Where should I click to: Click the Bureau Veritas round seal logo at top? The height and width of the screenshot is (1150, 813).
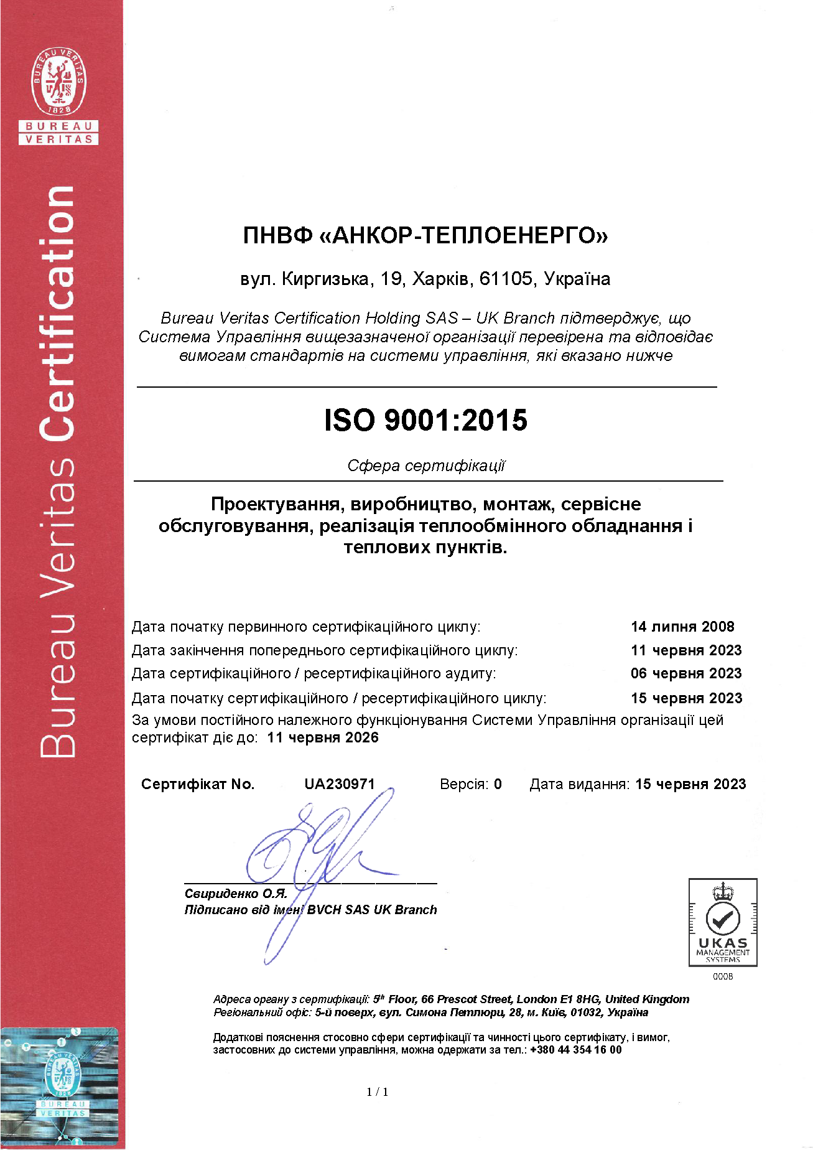[x=59, y=81]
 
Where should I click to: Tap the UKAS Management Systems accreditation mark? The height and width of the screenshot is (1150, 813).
[x=722, y=922]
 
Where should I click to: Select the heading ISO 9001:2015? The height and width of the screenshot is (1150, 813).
[x=425, y=420]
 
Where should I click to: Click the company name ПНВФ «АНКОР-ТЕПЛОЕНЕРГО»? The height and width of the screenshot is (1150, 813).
[x=425, y=235]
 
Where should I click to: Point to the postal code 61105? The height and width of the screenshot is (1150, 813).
[x=506, y=279]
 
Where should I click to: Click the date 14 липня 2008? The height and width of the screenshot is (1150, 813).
[x=682, y=627]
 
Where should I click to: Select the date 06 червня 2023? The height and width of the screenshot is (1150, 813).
[x=686, y=673]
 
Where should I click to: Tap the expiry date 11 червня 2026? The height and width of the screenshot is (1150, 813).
[x=323, y=737]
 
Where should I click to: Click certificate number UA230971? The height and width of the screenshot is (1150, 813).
[x=340, y=784]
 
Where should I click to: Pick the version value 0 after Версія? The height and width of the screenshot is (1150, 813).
[x=498, y=784]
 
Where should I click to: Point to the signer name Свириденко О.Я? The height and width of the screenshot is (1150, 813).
[x=236, y=894]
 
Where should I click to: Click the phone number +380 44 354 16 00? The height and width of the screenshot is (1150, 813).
[x=575, y=1050]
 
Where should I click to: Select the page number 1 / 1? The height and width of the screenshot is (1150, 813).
[x=378, y=1092]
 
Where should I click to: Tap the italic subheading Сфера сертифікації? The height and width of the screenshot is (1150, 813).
[x=426, y=465]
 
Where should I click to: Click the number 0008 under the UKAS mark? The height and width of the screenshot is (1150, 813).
[x=723, y=976]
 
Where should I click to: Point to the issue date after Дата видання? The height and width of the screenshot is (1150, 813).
[x=690, y=784]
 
